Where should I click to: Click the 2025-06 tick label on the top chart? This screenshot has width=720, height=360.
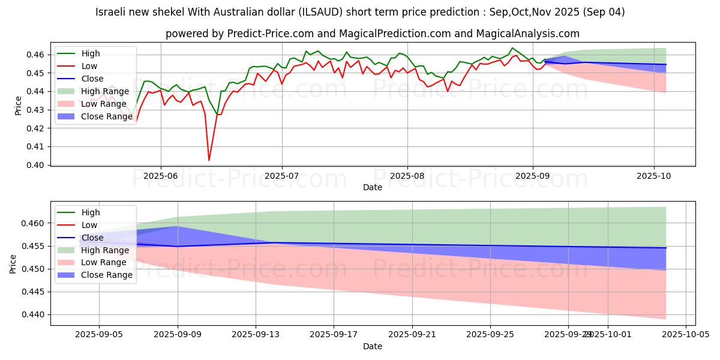160,176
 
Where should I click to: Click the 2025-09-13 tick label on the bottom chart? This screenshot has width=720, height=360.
256,334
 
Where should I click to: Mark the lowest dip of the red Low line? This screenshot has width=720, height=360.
209,160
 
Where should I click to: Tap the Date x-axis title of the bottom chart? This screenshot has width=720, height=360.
373,346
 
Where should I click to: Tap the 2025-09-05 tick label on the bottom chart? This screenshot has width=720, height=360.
100,334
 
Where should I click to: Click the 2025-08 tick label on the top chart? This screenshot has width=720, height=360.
407,176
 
